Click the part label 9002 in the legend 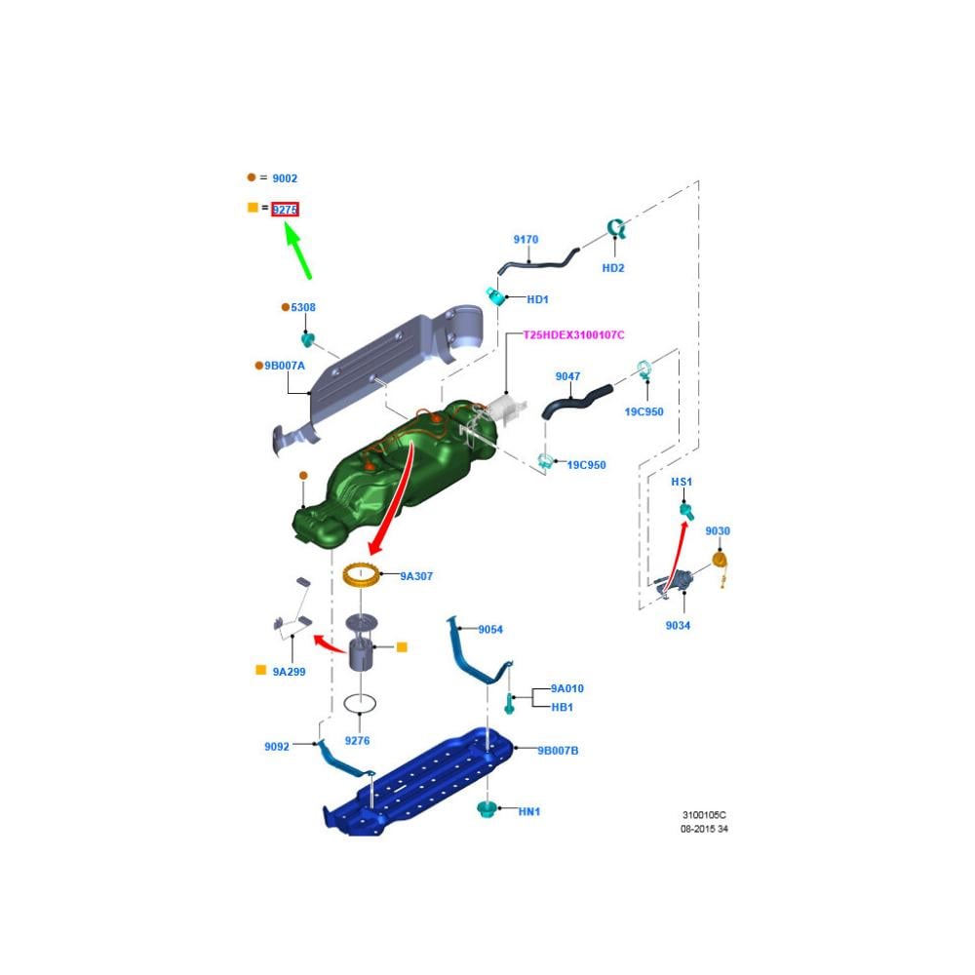285,178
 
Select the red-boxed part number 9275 285,210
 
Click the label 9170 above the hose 526,240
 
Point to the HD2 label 612,268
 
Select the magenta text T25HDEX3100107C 573,335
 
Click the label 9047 567,376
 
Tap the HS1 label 681,483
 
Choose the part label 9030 717,531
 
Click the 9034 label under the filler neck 678,625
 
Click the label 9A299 289,672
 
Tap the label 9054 490,630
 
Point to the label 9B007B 558,751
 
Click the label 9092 276,747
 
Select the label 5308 303,308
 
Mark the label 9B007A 284,366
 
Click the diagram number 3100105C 703,814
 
